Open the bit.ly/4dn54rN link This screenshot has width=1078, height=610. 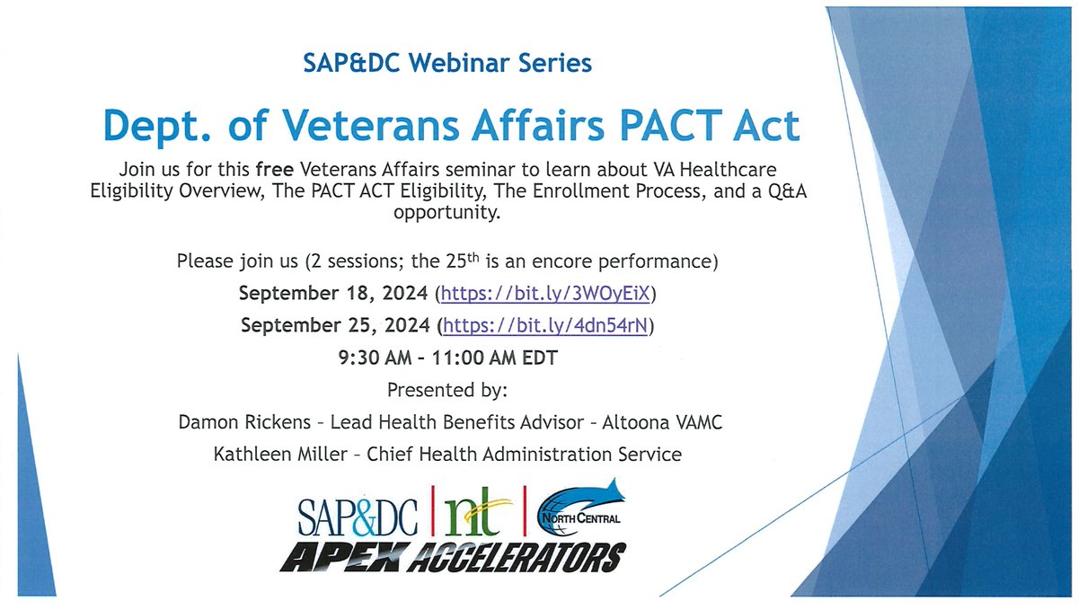coord(544,325)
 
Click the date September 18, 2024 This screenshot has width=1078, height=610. coord(333,294)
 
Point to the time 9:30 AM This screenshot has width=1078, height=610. coord(380,358)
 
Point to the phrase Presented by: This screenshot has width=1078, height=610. coord(446,391)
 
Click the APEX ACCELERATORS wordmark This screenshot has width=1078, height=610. coord(450,556)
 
